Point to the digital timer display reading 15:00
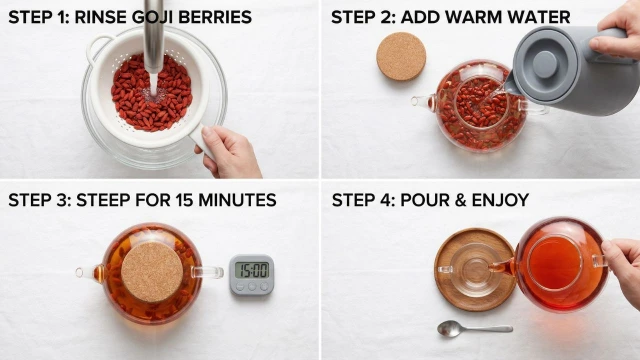(252, 270)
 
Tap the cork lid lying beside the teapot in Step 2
(401, 56)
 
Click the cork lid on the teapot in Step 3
(152, 272)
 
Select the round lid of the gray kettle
(545, 64)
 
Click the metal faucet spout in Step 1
(154, 37)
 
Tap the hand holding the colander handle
(228, 152)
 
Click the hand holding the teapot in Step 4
(623, 267)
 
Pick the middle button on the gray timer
(252, 287)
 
